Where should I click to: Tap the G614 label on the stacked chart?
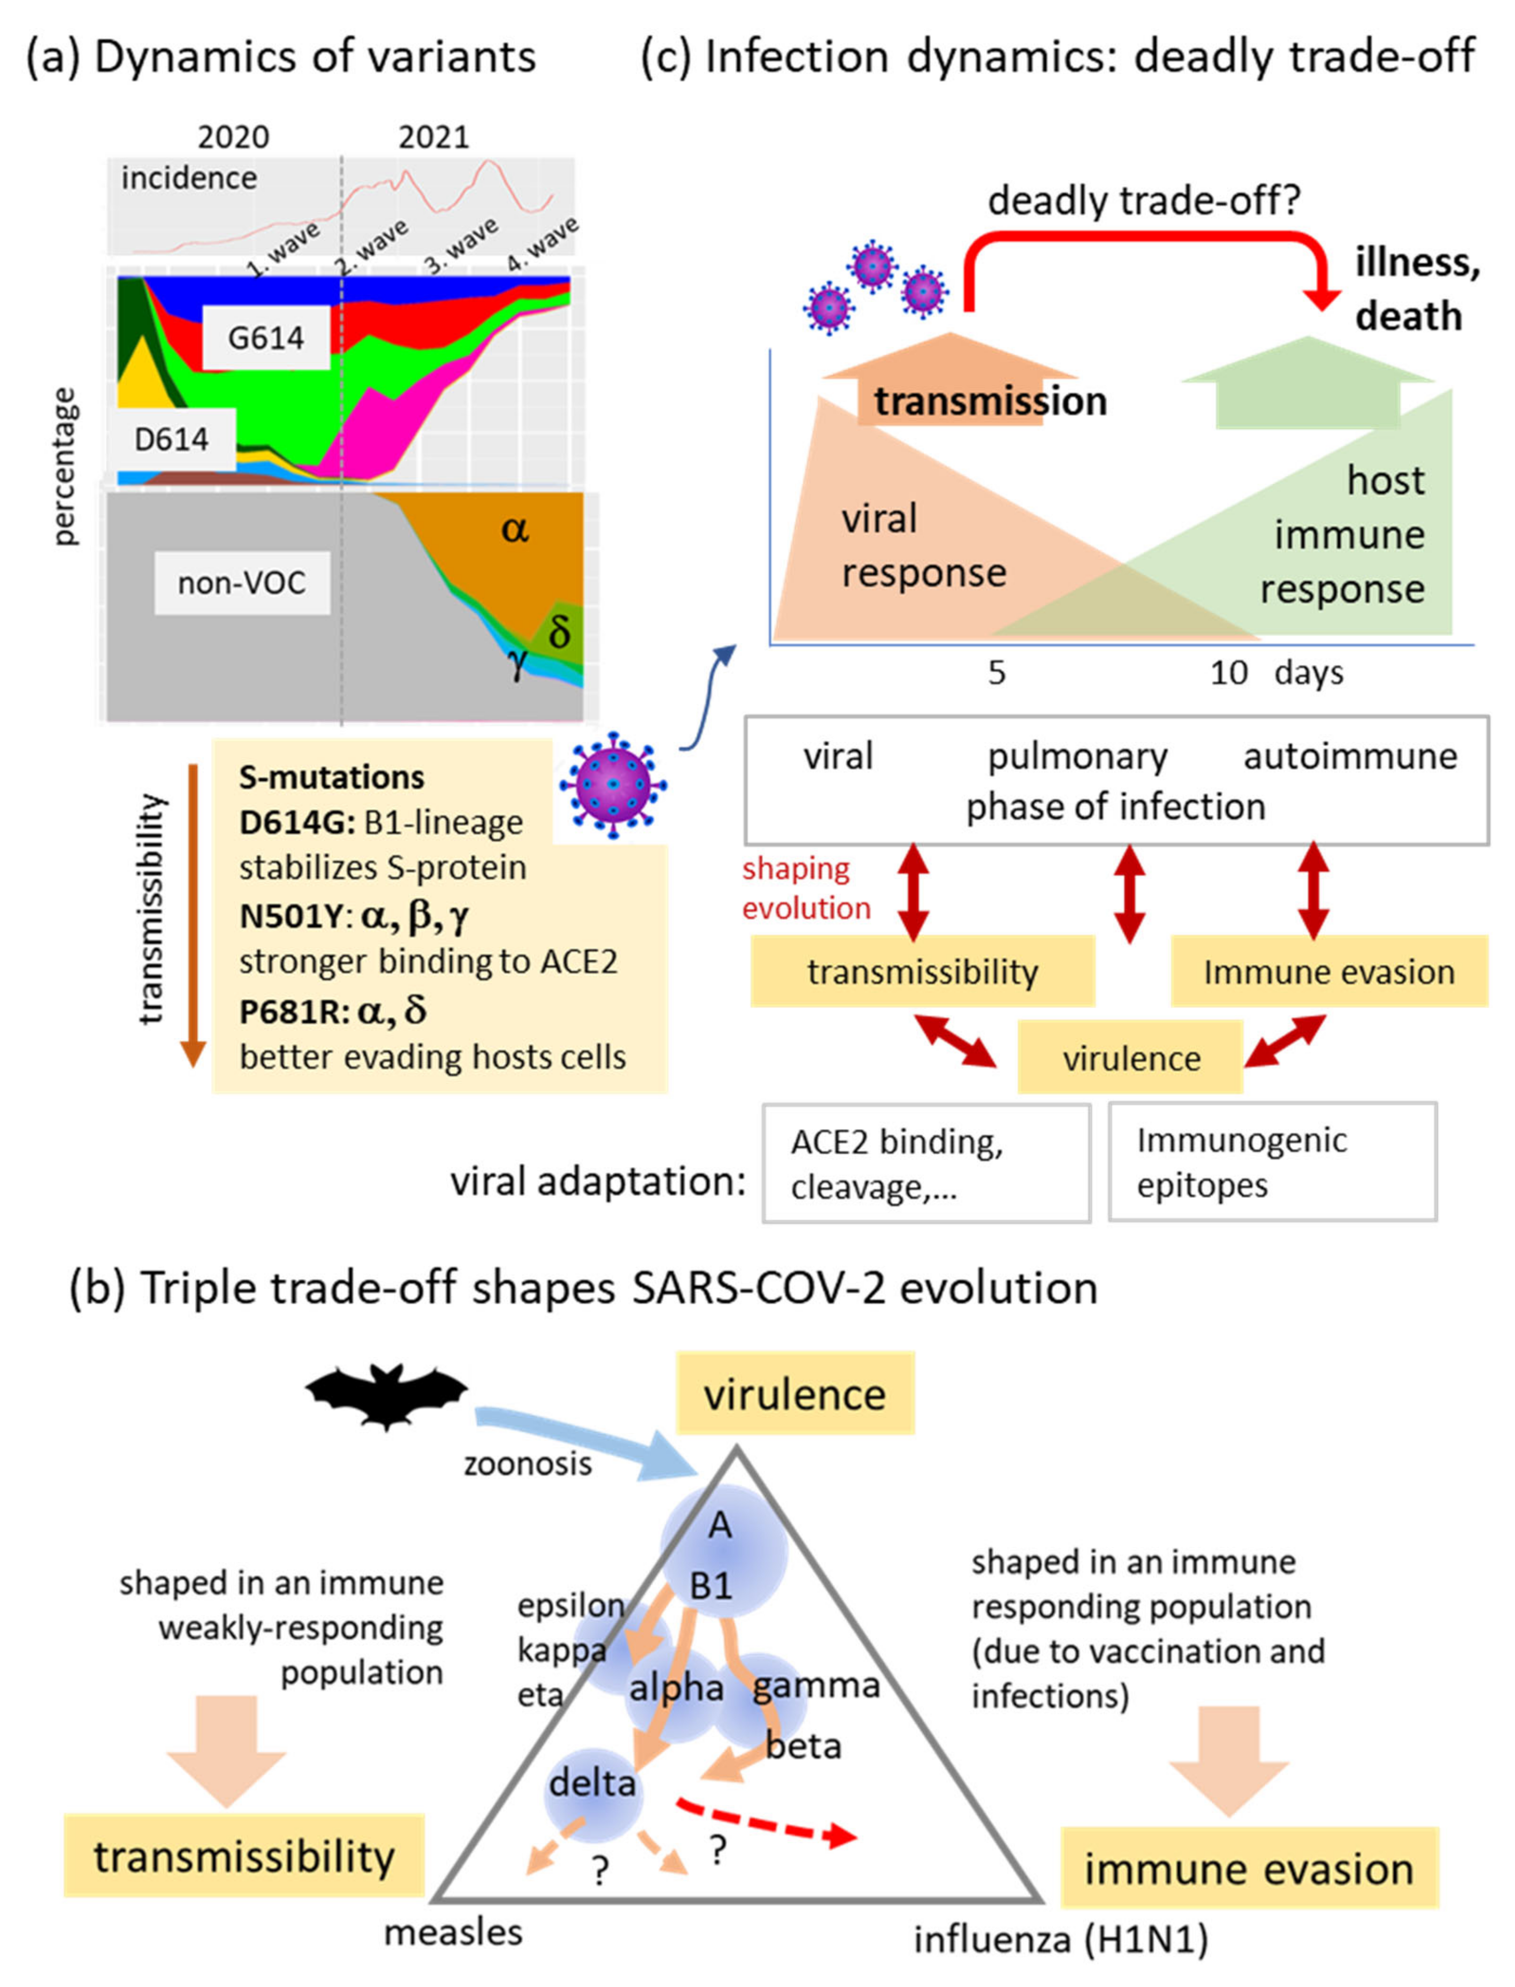click(x=265, y=338)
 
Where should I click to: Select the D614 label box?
click(x=171, y=439)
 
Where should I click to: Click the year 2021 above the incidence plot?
click(x=434, y=137)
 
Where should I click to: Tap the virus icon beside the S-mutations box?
click(x=612, y=785)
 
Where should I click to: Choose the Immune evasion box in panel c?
click(x=1328, y=971)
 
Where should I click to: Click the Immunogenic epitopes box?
click(x=1272, y=1163)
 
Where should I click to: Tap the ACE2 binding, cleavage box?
click(x=926, y=1163)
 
